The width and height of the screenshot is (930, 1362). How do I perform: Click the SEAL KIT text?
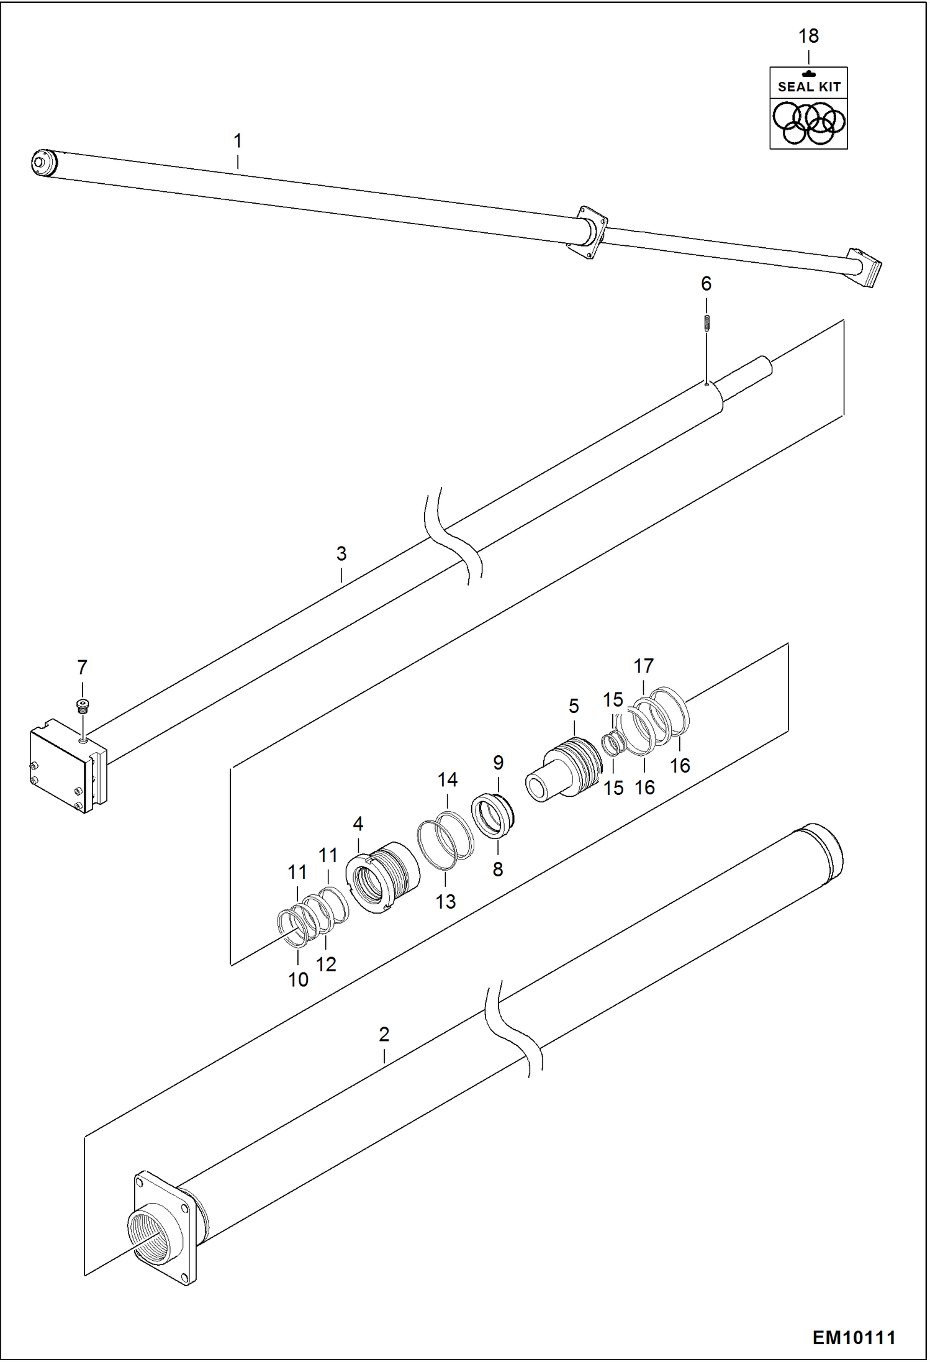tap(808, 87)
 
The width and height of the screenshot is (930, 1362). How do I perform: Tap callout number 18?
tap(808, 37)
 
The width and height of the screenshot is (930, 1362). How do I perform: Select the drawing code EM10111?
tap(854, 1337)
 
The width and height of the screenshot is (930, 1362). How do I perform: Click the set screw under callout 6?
tap(706, 324)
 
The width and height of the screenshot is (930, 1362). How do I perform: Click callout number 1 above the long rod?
tap(237, 142)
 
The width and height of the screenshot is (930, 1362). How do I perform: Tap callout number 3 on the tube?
tap(341, 553)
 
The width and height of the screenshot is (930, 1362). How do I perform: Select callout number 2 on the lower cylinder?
tap(384, 1035)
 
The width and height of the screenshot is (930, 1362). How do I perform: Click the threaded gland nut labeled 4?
tap(381, 876)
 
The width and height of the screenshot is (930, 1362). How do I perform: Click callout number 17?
tap(643, 666)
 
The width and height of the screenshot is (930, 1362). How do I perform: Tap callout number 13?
tap(445, 901)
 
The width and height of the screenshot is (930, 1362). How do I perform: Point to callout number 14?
tap(447, 780)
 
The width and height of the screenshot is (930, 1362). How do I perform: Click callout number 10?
tap(298, 979)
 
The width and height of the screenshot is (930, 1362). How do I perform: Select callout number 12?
tap(326, 964)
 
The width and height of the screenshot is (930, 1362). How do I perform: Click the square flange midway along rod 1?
tap(587, 232)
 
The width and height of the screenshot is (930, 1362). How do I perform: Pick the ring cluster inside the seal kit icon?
tap(808, 122)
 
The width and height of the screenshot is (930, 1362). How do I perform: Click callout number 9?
tap(498, 763)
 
